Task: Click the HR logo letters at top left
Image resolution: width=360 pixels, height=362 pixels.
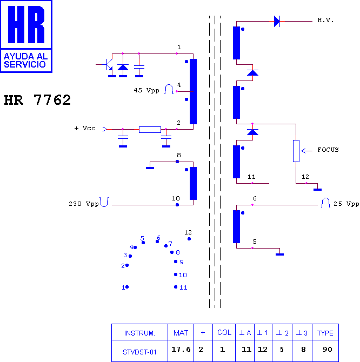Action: click(26, 24)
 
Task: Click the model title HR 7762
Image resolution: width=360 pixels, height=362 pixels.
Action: click(37, 100)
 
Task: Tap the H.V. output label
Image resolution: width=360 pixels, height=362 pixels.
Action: click(325, 21)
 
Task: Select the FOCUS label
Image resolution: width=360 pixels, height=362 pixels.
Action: click(328, 150)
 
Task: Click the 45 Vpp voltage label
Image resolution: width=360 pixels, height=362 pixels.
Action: click(146, 90)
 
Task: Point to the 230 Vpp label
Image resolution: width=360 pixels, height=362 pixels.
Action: click(84, 204)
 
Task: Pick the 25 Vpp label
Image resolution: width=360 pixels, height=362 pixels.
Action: click(346, 204)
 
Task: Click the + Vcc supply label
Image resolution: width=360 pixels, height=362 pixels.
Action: click(85, 128)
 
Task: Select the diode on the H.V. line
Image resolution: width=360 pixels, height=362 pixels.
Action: click(277, 21)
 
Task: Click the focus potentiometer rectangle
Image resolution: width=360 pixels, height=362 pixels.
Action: click(296, 151)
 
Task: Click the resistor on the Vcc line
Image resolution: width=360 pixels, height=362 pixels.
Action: click(150, 130)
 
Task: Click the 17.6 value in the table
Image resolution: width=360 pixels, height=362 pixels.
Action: click(181, 349)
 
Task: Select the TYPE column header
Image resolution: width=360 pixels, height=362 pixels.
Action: click(325, 333)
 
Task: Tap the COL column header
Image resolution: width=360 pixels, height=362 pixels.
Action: click(224, 332)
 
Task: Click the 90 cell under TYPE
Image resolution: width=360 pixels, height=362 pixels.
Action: click(328, 349)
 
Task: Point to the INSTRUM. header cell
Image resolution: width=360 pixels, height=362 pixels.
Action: click(139, 333)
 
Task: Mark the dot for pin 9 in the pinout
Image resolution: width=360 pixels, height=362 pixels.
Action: click(176, 262)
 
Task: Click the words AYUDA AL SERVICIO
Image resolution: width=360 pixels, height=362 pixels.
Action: click(25, 61)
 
